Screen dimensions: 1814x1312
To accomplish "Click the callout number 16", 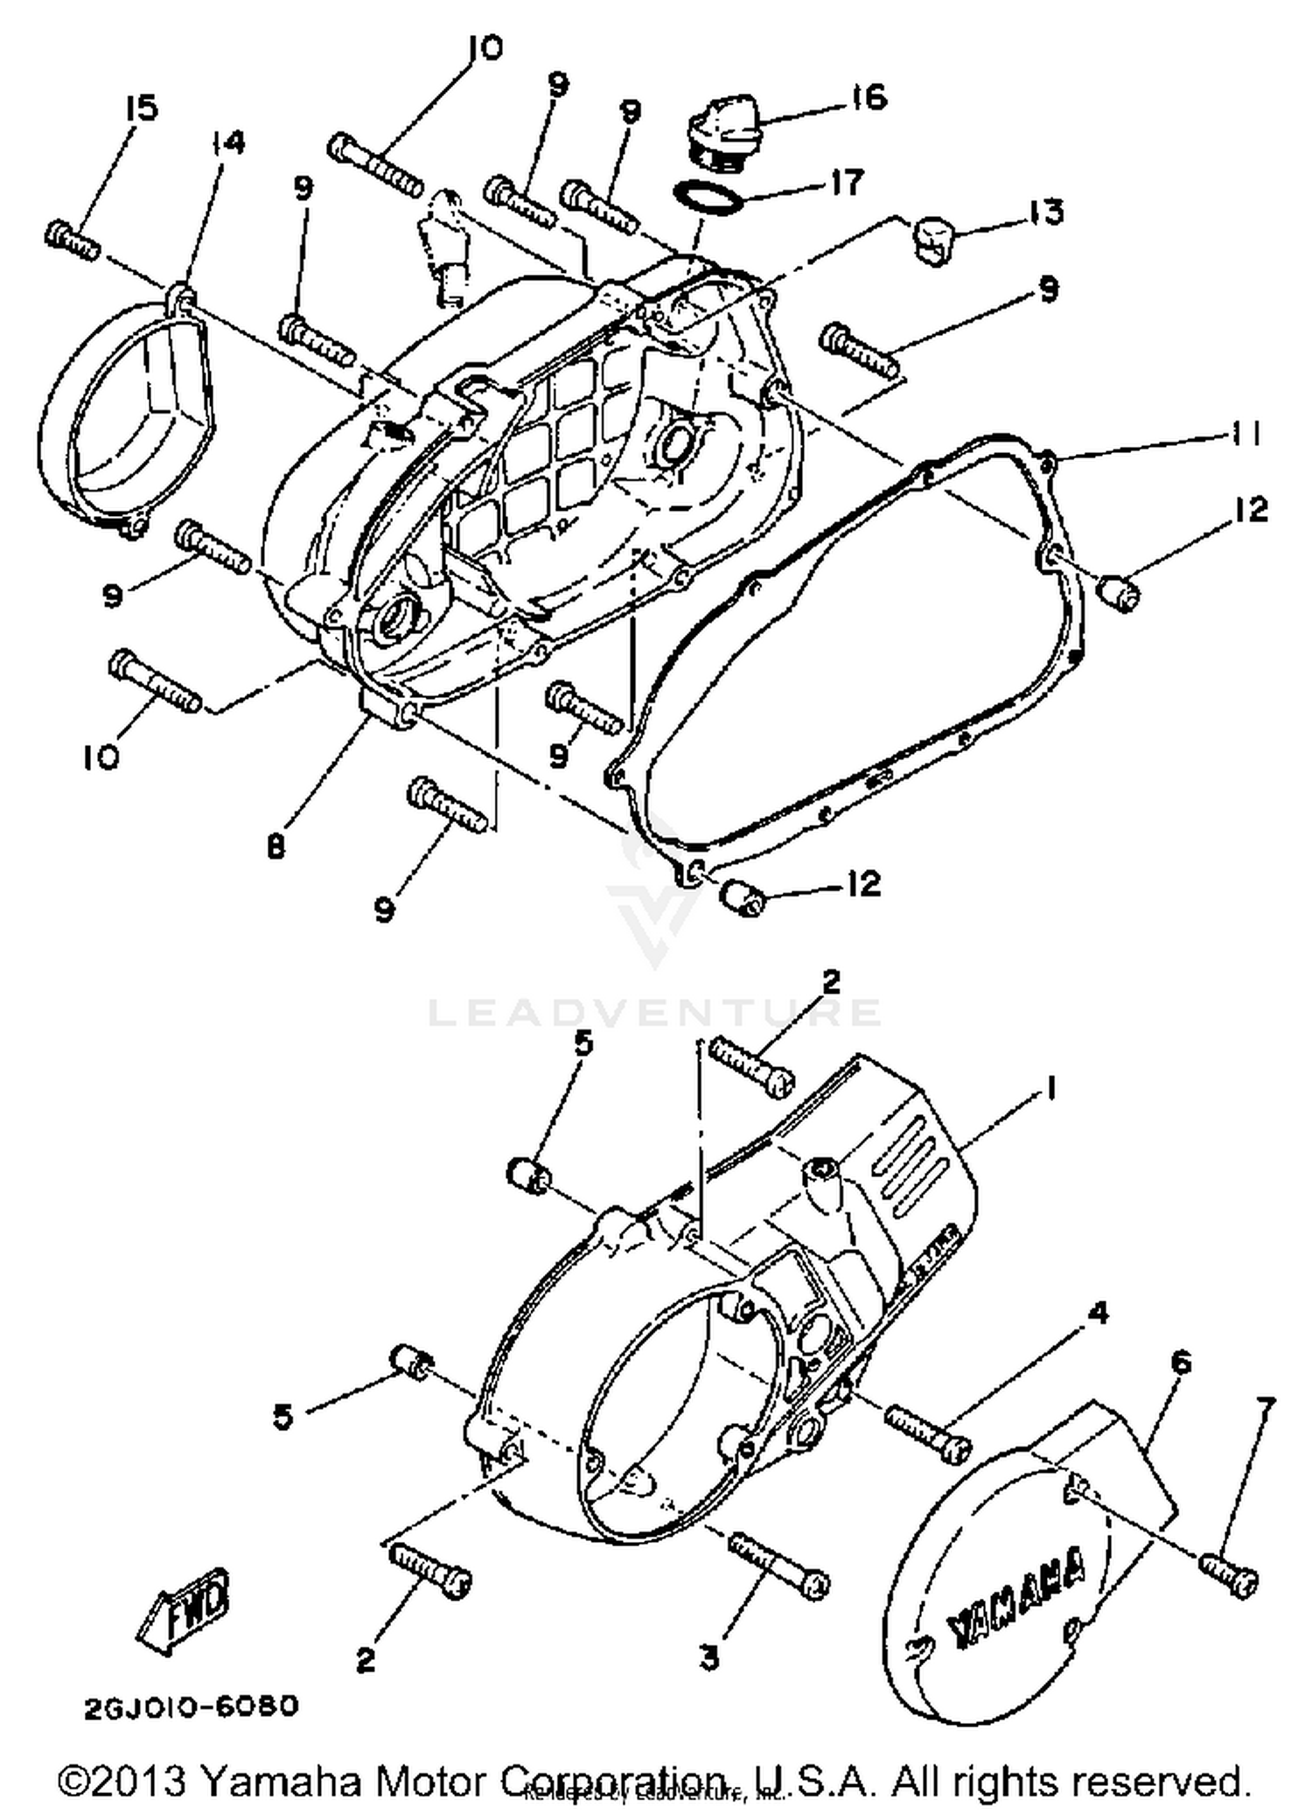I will [868, 97].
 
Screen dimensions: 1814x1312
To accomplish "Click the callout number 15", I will [140, 108].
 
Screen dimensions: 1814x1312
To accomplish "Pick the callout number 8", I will [276, 847].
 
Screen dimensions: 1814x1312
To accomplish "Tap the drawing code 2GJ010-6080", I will [192, 1706].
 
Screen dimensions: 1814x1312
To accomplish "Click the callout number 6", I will [1180, 1361].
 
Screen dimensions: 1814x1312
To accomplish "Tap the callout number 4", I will [1098, 1313].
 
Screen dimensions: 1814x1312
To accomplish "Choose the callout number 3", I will [710, 1656].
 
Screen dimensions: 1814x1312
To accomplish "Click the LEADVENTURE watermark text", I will [654, 1013].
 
